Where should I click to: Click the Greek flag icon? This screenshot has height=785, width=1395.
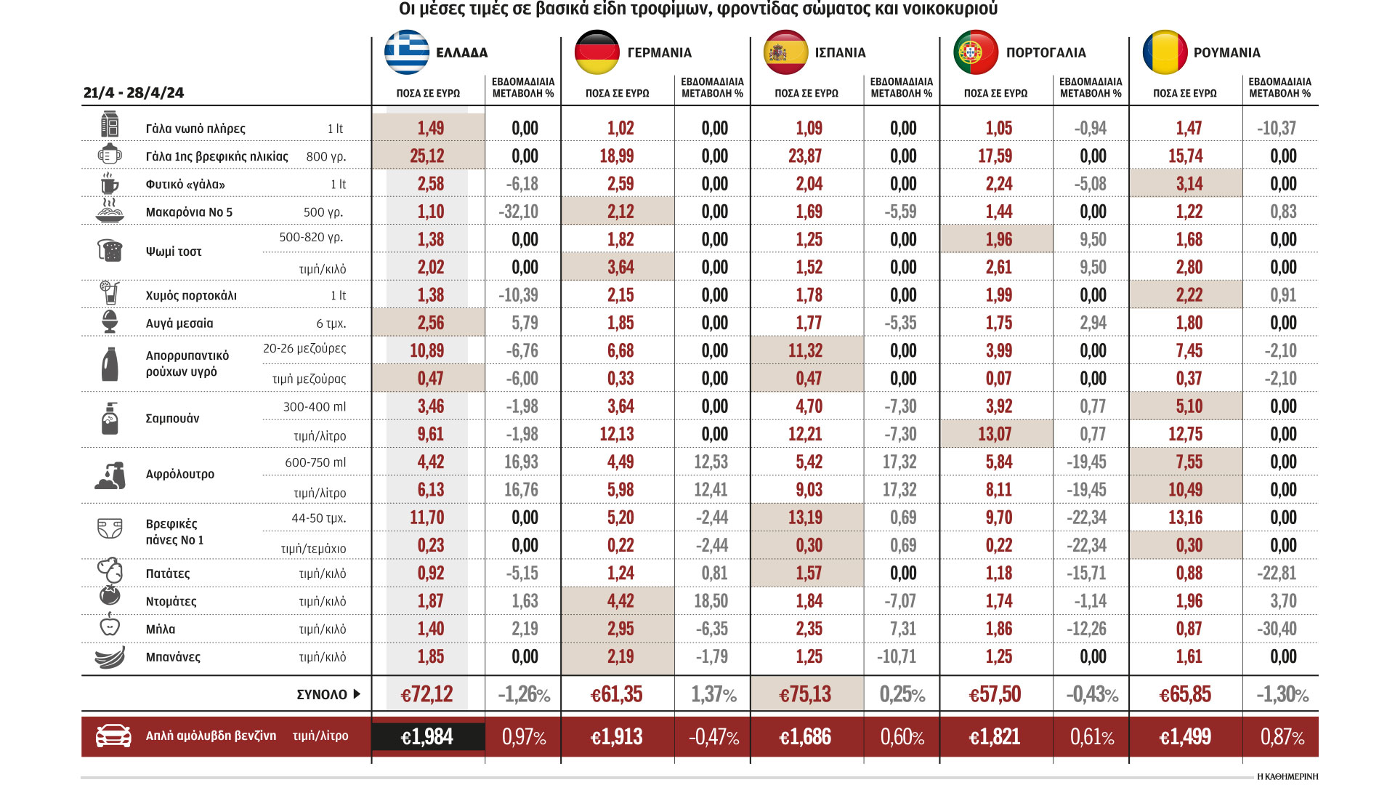click(x=407, y=52)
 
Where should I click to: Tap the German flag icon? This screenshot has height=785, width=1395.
click(x=597, y=52)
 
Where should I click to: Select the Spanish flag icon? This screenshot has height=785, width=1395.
click(x=785, y=52)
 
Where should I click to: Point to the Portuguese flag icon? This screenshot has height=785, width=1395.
click(x=975, y=52)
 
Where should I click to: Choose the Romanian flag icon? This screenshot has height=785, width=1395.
click(x=1165, y=52)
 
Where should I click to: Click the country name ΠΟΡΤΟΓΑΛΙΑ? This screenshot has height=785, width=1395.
click(x=1046, y=52)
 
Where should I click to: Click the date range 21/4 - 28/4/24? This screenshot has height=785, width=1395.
click(x=134, y=93)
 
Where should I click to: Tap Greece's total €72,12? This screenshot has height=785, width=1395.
click(x=426, y=694)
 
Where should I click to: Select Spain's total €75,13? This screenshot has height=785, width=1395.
click(x=805, y=694)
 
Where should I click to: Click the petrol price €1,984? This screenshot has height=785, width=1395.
click(x=426, y=737)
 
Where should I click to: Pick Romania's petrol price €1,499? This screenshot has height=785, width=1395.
click(x=1185, y=737)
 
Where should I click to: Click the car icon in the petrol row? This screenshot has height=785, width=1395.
click(x=113, y=736)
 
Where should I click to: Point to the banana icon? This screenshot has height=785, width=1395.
click(x=110, y=657)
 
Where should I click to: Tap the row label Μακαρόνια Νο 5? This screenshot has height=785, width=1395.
click(x=189, y=212)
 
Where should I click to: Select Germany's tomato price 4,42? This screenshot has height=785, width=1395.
click(x=620, y=601)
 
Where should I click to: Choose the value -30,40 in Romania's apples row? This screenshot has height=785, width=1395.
click(x=1277, y=629)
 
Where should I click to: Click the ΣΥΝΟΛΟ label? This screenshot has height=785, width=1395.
click(x=322, y=695)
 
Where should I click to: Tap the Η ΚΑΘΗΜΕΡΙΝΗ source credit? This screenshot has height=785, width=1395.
click(x=1287, y=776)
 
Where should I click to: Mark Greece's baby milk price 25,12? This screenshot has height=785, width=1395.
click(x=426, y=156)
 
